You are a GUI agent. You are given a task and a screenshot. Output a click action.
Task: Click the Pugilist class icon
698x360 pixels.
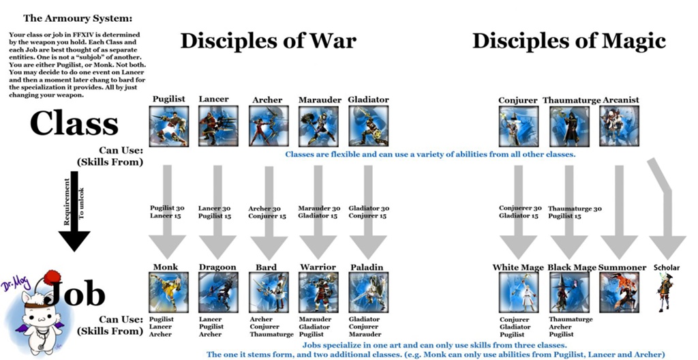coord(168,126)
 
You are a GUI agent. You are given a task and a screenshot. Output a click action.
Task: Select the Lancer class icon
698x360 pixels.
coord(218,126)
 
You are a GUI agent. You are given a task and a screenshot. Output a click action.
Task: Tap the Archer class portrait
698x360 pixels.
coord(268,126)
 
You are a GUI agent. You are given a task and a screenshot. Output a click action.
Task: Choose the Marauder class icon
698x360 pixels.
coord(318,126)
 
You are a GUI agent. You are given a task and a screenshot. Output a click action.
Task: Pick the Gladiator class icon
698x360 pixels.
coord(368,126)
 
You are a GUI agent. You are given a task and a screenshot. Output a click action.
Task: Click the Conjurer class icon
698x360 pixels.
coord(518,126)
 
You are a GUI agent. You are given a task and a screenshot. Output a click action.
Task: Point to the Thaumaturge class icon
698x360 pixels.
coord(568,126)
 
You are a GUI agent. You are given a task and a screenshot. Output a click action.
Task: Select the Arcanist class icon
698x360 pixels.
coord(619,126)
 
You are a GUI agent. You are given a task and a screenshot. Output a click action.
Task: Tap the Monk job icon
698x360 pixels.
coord(168,292)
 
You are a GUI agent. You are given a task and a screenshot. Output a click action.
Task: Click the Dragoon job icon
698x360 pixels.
coord(218,292)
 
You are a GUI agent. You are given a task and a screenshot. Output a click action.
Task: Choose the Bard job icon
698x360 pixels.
coord(268,292)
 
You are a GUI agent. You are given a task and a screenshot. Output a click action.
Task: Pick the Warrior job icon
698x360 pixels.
coord(318,292)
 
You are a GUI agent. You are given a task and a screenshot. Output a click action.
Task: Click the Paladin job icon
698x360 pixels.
coord(368,292)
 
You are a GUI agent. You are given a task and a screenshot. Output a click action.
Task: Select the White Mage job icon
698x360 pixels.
coord(518,292)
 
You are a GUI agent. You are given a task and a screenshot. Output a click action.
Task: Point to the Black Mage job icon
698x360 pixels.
coord(568,292)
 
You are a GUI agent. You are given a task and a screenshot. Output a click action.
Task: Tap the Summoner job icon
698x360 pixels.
coord(619,292)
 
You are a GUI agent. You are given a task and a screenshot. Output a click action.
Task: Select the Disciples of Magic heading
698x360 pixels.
coord(568,41)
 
